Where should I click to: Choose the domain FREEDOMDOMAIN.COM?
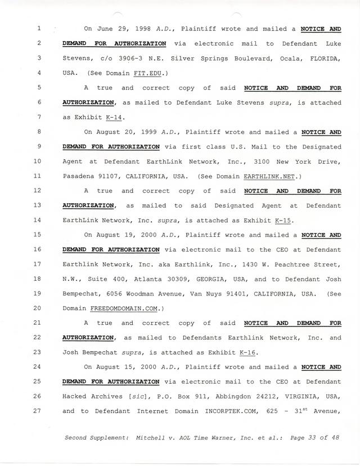click(124, 308)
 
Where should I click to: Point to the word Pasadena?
click(79, 176)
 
